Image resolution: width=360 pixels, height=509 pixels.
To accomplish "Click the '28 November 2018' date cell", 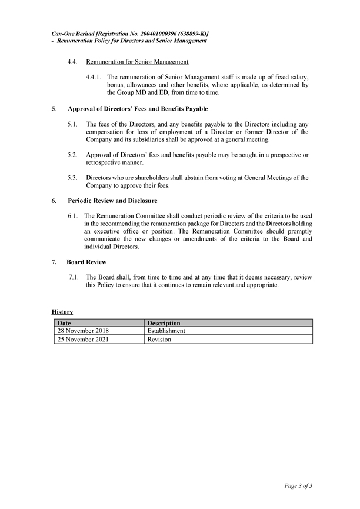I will coord(83,331).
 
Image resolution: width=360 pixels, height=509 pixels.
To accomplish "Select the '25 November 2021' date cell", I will coord(83,340).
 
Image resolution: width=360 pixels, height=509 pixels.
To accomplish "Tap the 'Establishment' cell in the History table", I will coord(166,331).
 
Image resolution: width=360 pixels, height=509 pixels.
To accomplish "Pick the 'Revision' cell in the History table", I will coord(159,340).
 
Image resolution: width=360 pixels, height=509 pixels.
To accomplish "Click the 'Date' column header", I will coord(64,323).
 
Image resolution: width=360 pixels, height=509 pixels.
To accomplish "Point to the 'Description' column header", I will coord(164,323).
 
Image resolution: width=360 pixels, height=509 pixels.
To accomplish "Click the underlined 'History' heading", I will coord(62,311).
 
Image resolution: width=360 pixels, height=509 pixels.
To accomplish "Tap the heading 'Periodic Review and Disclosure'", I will coord(112,201).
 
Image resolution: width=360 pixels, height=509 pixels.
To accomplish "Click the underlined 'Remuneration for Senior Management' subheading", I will coord(137,62).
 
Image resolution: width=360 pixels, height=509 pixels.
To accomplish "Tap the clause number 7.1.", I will coord(74,277).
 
